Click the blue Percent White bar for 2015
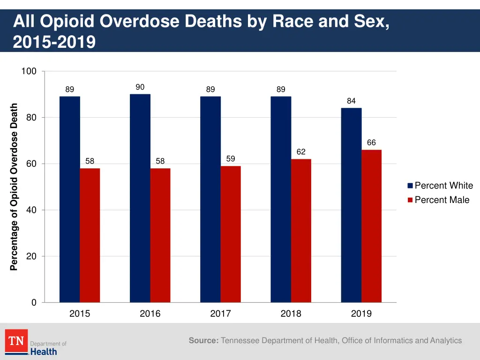[69, 199]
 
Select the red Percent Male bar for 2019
[371, 226]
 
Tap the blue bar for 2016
[140, 198]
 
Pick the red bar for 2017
[231, 234]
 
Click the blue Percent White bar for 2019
[351, 205]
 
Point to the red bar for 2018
[301, 231]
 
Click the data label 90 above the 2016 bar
[140, 87]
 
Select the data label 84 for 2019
[351, 101]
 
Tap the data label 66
[371, 142]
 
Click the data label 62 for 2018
[301, 152]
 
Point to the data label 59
[231, 159]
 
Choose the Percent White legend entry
[440, 186]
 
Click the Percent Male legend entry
[438, 200]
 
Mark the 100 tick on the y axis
[29, 71]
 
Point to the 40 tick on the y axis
[31, 210]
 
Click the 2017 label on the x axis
[220, 314]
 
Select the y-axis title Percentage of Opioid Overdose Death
[14, 187]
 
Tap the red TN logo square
[16, 341]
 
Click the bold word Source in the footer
[203, 341]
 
